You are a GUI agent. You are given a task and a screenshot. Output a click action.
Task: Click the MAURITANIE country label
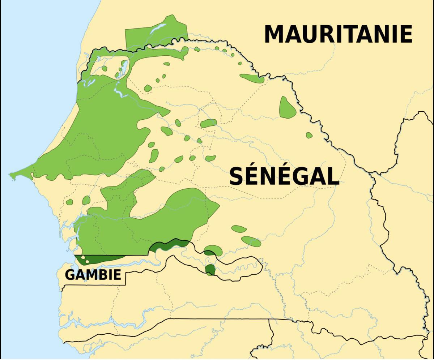click(338, 34)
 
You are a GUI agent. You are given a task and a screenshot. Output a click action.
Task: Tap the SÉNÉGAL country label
click(284, 176)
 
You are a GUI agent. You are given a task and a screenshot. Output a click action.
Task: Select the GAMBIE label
click(93, 275)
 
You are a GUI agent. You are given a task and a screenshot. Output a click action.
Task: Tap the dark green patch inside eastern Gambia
click(209, 269)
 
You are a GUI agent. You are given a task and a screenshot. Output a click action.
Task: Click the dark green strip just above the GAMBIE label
click(99, 259)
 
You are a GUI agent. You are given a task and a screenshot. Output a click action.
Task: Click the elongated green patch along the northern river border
click(252, 78)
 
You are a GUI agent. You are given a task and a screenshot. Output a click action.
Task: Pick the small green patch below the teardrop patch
click(309, 135)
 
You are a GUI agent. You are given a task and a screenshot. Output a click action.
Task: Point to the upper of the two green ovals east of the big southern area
click(239, 229)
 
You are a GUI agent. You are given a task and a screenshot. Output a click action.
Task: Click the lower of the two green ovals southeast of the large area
click(251, 241)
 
